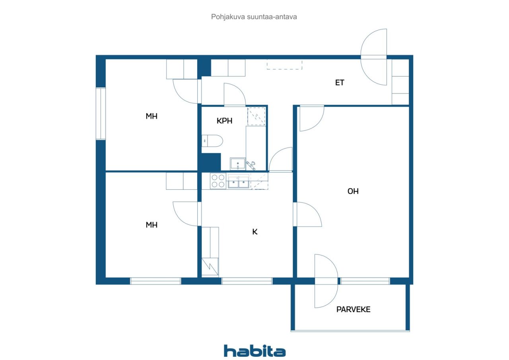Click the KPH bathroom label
click(x=224, y=121)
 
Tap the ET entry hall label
click(x=339, y=83)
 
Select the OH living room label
click(x=353, y=191)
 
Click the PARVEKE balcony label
click(x=353, y=309)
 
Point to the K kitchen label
click(x=255, y=232)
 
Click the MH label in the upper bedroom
click(x=152, y=116)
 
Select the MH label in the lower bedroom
click(x=152, y=225)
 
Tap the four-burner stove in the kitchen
click(x=218, y=181)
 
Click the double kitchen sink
click(x=238, y=182)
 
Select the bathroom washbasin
click(x=238, y=163)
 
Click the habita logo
click(x=254, y=351)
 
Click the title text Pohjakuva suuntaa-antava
click(x=254, y=17)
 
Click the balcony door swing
click(x=326, y=281)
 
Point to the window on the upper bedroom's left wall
click(x=101, y=113)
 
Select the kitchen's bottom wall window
click(x=247, y=281)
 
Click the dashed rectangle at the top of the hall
click(x=284, y=64)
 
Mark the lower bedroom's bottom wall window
click(x=155, y=281)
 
